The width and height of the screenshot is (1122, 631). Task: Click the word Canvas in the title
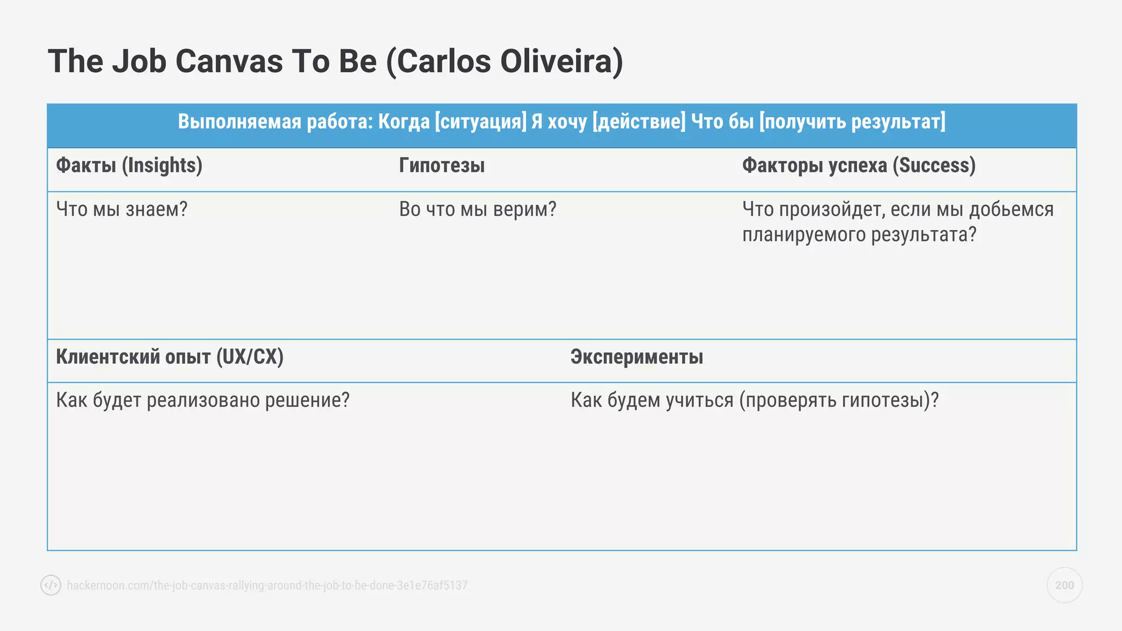228,61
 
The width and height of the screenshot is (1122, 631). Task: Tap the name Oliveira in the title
561,61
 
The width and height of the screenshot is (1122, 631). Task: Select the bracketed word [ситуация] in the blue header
480,122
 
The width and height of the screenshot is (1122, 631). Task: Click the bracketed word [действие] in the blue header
639,122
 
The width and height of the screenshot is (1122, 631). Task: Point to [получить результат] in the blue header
852,122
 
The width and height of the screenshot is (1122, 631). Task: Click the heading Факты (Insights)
129,165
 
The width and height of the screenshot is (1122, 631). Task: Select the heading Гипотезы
442,165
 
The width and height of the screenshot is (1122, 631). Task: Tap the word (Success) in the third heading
934,165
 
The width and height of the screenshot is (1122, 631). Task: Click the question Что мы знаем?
122,209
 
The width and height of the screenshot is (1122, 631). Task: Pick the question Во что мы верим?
477,209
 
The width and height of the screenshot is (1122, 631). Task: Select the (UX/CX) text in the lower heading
250,357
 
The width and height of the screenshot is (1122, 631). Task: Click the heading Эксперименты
637,357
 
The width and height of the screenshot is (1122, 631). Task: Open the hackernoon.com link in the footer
267,586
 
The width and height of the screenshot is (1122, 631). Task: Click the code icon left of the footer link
51,585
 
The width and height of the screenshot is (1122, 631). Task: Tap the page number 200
1064,585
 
